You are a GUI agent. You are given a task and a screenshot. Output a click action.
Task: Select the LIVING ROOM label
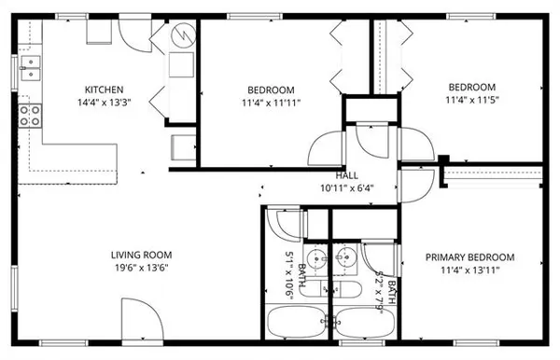coord(141,255)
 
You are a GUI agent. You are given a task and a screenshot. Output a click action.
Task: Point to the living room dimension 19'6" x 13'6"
coord(141,269)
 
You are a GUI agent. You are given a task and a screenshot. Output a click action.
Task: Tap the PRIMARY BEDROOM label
coord(470,257)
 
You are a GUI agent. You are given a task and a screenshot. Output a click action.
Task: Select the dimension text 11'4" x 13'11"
coord(470,271)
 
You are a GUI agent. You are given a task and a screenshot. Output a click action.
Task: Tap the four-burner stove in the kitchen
coord(30,115)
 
